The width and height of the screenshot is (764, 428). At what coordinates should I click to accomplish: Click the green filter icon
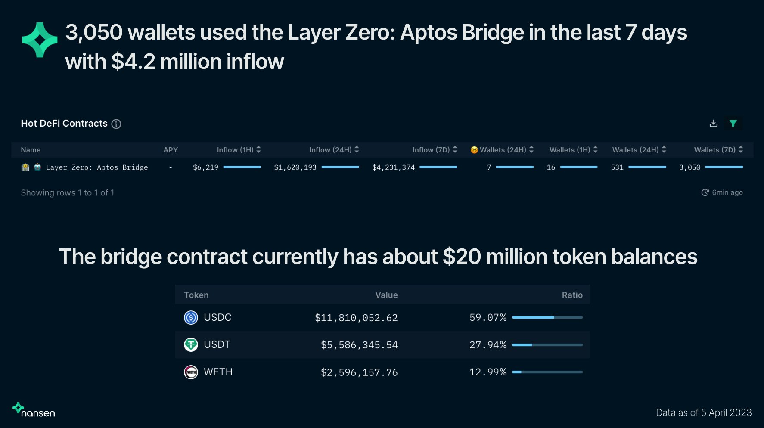pos(733,124)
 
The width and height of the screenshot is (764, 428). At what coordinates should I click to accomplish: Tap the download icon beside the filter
pos(714,124)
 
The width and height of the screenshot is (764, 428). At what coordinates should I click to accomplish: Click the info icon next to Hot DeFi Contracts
pos(116,124)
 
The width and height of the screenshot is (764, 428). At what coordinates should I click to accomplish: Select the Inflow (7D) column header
pos(431,150)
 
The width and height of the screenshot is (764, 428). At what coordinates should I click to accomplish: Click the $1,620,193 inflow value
pos(295,167)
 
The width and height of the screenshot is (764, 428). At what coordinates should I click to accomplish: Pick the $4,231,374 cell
pos(393,167)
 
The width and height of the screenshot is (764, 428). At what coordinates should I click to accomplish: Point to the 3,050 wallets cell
pos(689,167)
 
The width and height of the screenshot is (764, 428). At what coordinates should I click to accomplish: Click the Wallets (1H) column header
pos(570,150)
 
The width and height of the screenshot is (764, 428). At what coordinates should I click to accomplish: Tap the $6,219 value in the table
pos(205,167)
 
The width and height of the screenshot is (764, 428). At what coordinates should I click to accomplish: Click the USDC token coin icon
pos(191,318)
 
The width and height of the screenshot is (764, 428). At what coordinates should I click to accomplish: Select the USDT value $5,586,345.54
pos(359,345)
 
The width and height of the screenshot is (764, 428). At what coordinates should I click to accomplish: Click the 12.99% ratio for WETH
pos(488,372)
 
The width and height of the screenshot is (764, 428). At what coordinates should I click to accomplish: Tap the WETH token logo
pos(191,372)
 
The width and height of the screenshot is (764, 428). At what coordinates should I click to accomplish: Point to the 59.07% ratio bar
pos(547,317)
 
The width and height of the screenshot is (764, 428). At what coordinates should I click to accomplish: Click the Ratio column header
pos(572,295)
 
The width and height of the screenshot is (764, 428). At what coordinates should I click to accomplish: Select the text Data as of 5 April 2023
pos(703,412)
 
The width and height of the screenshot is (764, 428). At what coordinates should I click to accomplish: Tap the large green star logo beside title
pos(40,40)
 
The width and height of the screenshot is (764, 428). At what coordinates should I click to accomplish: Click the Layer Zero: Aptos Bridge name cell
pos(96,167)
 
